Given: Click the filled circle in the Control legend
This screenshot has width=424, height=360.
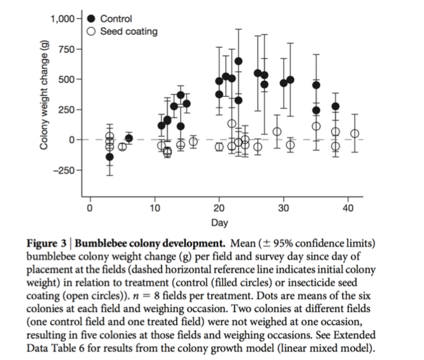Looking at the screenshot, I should tap(91, 19).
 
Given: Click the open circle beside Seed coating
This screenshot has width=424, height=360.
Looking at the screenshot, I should tap(91, 31).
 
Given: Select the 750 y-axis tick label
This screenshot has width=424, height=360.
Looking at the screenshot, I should tap(66, 49).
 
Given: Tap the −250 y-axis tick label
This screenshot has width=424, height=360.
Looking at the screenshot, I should tap(64, 170).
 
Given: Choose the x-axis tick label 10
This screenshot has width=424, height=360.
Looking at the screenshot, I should tap(155, 208).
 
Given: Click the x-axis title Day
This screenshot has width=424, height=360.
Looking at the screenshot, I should tap(220, 222).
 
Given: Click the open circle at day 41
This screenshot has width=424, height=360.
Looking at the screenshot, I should tap(355, 134).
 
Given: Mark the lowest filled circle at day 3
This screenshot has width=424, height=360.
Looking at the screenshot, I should tap(110, 157).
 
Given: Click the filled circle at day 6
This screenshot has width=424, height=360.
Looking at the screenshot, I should tap(129, 138).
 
